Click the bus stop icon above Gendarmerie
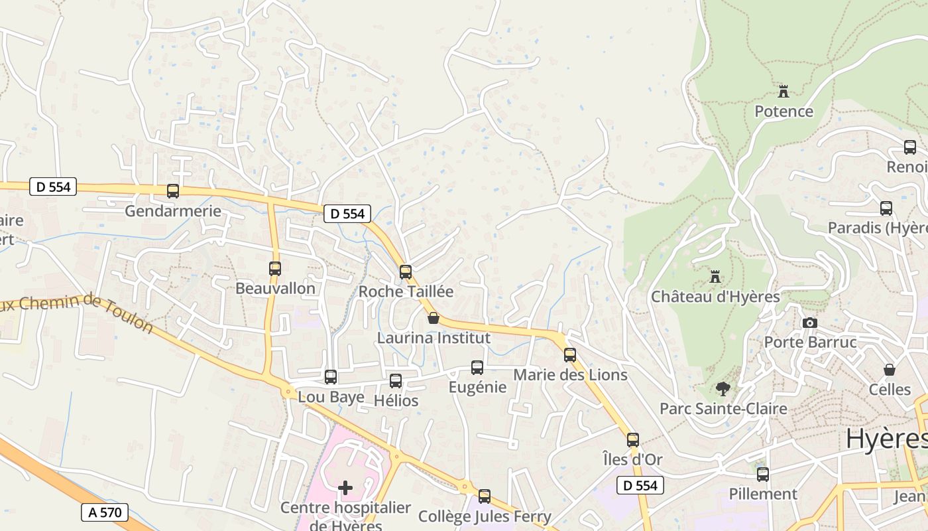(173, 191)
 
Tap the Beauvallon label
(275, 288)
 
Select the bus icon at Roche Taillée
(406, 271)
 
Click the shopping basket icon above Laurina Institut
(434, 318)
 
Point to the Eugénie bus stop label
(477, 387)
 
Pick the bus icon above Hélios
(396, 381)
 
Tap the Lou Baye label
(331, 397)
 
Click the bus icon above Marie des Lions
(570, 355)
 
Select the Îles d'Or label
(632, 459)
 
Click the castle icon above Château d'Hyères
(715, 276)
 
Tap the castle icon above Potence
(783, 91)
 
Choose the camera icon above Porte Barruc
(809, 323)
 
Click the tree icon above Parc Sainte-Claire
(723, 389)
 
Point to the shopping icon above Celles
(890, 370)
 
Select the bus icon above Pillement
(763, 475)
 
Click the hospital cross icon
(345, 488)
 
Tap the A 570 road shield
(104, 512)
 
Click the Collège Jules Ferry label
(485, 516)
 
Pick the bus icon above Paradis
(886, 208)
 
